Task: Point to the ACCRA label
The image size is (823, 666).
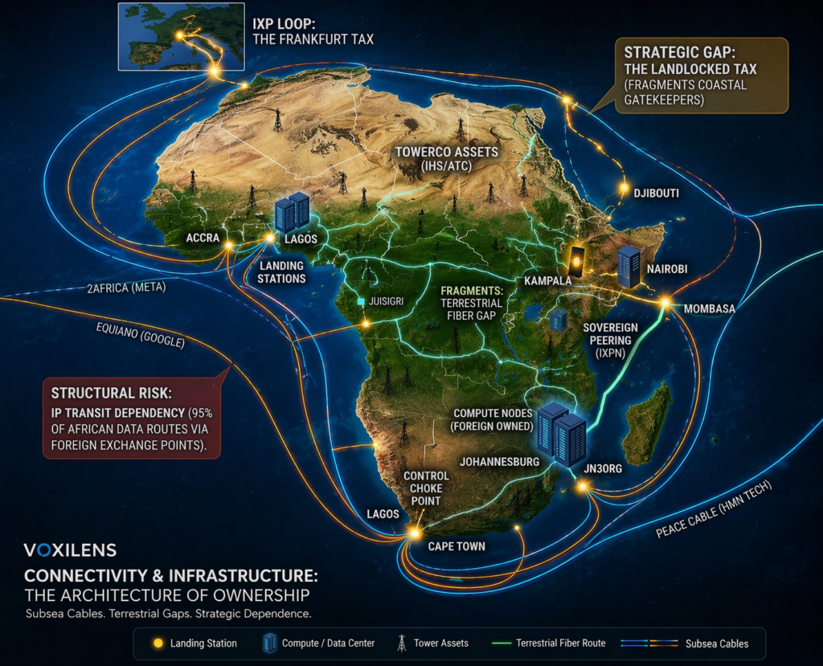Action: pos(203,238)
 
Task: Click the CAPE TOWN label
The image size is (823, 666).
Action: pos(456,546)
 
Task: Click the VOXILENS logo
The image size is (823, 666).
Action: pos(70,550)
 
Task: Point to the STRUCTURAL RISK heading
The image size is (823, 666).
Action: pos(112,393)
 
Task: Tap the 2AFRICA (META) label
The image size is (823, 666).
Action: pos(125,288)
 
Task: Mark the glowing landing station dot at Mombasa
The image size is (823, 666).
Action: pos(665,303)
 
